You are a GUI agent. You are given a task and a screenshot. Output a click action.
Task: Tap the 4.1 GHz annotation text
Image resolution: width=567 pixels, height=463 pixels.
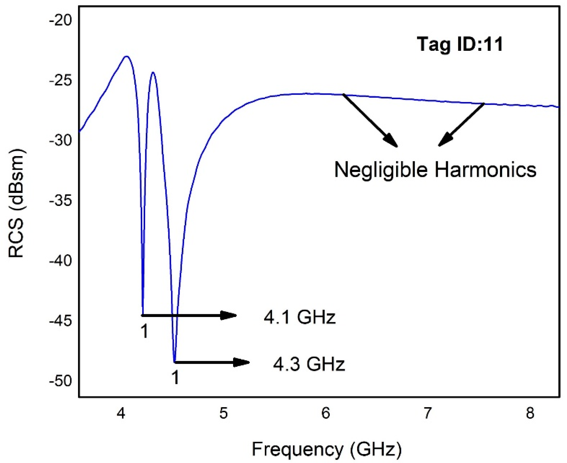click(x=299, y=317)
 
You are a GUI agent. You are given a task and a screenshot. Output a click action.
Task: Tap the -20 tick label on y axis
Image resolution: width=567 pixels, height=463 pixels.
click(x=61, y=21)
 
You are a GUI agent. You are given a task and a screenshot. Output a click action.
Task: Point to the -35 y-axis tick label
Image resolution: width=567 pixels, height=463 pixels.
click(x=61, y=201)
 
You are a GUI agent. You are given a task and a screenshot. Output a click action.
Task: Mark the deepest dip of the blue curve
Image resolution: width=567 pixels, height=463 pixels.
click(x=174, y=362)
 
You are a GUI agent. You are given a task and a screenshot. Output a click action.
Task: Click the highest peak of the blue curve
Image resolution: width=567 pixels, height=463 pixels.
click(x=126, y=56)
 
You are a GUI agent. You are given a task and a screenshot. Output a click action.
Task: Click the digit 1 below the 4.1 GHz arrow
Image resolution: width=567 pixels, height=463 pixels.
click(x=144, y=332)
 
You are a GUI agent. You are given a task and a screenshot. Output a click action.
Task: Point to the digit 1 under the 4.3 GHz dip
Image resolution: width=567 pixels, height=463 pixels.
click(x=175, y=378)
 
